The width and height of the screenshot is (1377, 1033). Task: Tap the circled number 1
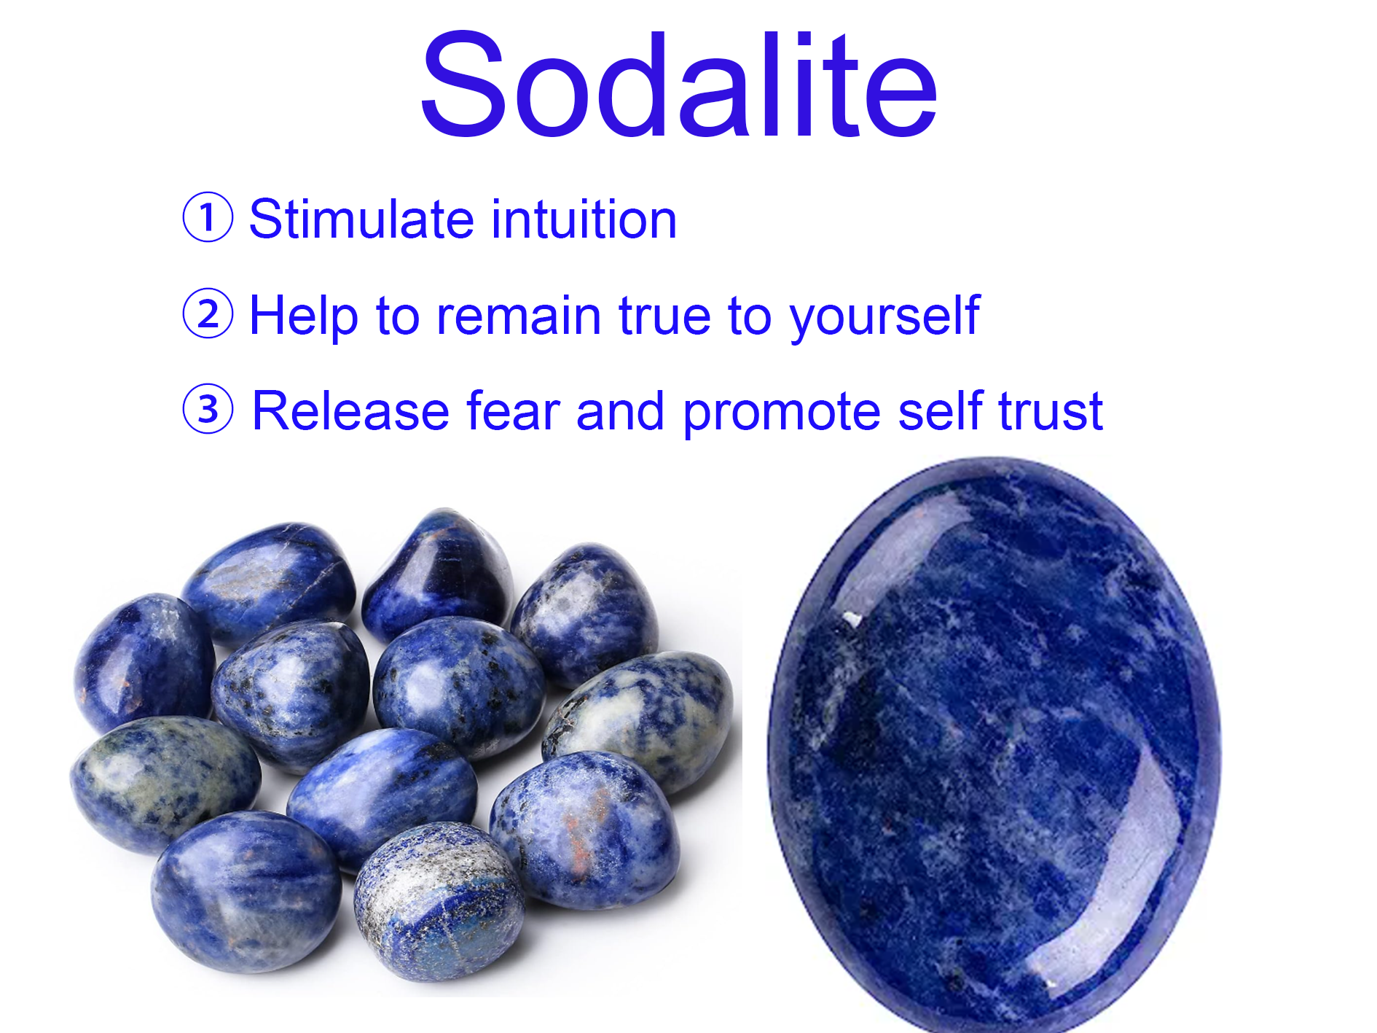208,217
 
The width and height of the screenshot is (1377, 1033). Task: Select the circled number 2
208,313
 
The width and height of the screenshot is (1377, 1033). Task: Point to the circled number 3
208,409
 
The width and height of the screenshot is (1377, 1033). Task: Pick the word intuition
584,218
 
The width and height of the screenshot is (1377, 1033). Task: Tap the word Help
303,315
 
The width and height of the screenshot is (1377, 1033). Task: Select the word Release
350,412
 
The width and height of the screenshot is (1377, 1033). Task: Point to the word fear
513,410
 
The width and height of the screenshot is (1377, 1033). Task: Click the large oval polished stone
994,744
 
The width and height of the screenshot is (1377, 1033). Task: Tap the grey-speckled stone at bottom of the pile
439,901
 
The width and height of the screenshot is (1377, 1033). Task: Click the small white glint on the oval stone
850,619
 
